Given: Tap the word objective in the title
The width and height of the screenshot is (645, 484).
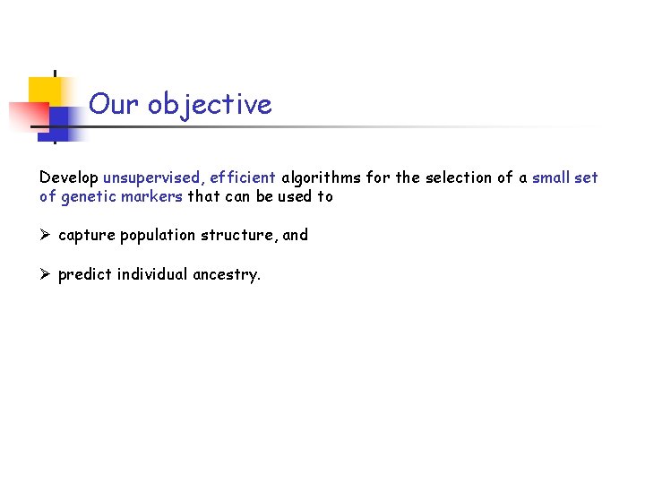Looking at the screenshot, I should point(210,106).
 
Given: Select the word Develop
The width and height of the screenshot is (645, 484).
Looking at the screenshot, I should point(69,178).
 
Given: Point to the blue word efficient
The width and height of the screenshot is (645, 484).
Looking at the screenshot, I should point(243,177).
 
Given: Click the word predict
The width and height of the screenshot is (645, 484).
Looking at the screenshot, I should point(83,275).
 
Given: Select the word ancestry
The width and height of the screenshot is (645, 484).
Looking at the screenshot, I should point(227,275).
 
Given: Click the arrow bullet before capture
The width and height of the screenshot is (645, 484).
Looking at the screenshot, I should point(46,236).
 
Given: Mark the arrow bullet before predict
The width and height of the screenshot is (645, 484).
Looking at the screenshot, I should point(46,275).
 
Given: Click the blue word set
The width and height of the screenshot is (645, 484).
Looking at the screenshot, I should point(587,177).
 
